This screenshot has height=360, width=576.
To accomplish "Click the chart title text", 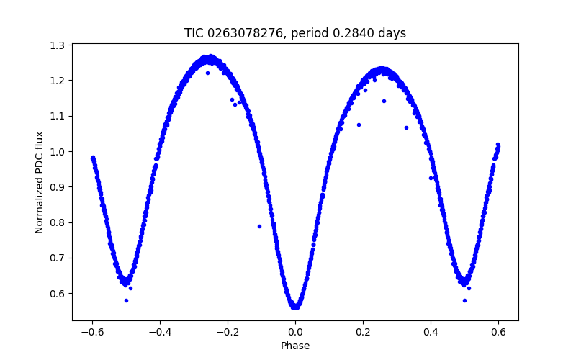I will (295, 33).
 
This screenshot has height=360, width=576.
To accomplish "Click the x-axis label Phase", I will (295, 346).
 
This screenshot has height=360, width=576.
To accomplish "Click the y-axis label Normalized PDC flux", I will (40, 182).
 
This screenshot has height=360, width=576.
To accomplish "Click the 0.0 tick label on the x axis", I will (295, 332).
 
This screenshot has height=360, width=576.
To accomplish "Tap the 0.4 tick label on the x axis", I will (431, 332).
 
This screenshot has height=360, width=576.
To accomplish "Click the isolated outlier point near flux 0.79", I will (259, 226).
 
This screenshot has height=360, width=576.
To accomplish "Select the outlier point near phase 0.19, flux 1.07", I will (359, 125).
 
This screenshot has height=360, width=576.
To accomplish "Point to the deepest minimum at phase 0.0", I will (295, 307).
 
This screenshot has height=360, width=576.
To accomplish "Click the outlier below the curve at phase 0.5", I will (464, 300).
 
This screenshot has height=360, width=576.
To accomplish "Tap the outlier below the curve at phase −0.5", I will (126, 300).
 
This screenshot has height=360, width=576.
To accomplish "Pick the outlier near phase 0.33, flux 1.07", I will (406, 127).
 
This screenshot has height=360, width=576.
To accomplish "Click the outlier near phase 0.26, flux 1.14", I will (384, 101).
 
